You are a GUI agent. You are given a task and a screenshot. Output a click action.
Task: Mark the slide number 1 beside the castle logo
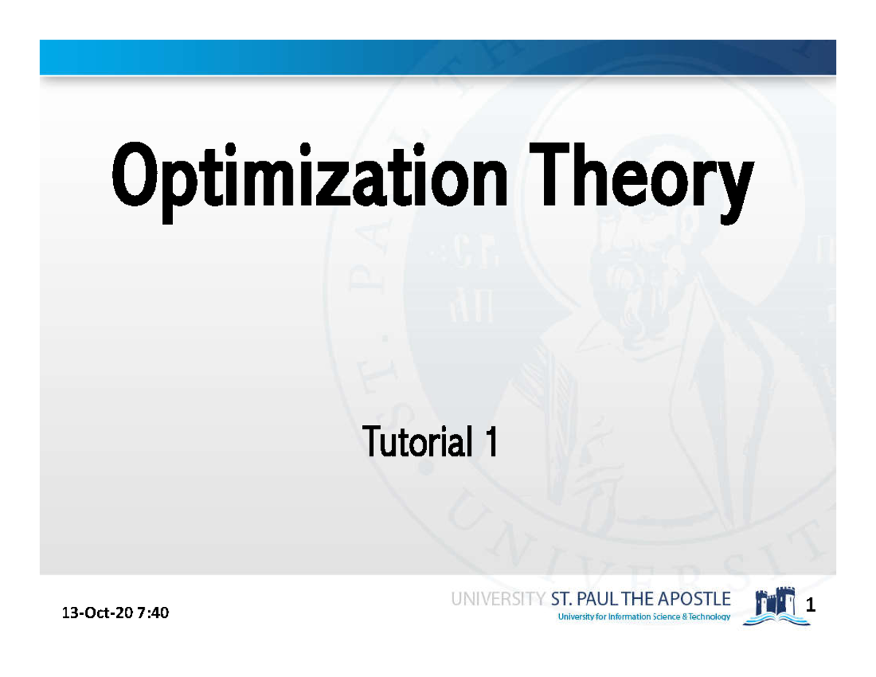[x=810, y=606]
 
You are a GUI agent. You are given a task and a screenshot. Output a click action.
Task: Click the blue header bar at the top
[x=438, y=57]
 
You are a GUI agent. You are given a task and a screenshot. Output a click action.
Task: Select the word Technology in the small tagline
[x=706, y=617]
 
